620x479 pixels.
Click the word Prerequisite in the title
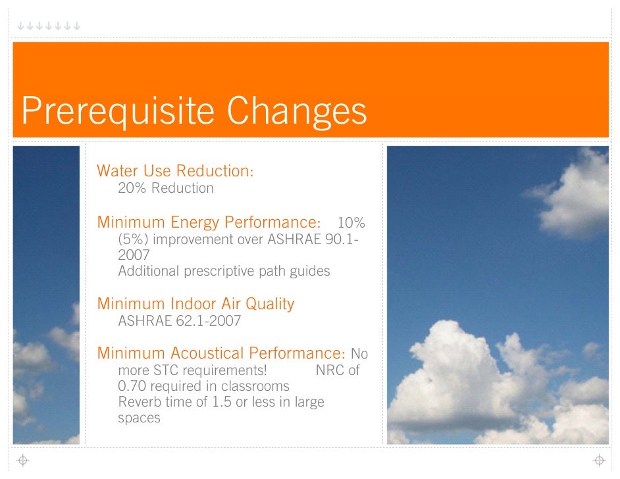[x=118, y=111]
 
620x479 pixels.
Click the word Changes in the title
[x=297, y=111]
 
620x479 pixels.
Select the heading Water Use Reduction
[x=175, y=170]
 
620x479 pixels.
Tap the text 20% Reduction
[x=166, y=188]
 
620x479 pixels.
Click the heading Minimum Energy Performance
[x=209, y=222]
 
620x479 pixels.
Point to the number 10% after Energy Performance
[x=351, y=222]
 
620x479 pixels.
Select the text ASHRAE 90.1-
[x=313, y=239]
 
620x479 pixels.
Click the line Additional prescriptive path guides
[x=224, y=271]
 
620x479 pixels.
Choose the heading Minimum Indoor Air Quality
[x=195, y=304]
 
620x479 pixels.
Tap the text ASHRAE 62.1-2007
[x=180, y=320]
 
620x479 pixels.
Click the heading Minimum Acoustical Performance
[x=221, y=353]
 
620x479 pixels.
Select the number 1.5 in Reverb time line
[x=222, y=402]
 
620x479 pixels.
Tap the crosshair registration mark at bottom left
[x=23, y=461]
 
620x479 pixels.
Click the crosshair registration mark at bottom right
[x=599, y=461]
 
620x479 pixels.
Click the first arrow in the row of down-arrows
[x=20, y=26]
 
